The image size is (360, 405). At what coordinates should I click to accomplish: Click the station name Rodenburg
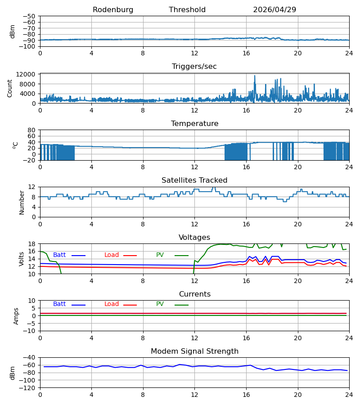click(x=113, y=10)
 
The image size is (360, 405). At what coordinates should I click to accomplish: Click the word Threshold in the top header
click(x=187, y=10)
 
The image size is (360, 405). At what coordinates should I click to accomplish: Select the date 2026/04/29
click(x=274, y=10)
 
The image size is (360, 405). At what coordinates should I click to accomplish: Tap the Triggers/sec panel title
click(x=194, y=67)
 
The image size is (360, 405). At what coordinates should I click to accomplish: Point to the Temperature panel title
click(x=194, y=123)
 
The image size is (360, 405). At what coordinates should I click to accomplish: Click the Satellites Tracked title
click(x=194, y=180)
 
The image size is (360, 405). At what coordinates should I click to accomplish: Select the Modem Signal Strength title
click(x=194, y=351)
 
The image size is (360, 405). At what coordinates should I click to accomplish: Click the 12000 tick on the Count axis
click(x=26, y=74)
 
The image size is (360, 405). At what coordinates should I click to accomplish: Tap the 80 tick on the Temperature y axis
click(x=31, y=130)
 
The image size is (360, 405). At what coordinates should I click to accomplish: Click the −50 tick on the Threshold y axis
click(x=29, y=16)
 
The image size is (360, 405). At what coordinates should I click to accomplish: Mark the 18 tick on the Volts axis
click(x=31, y=244)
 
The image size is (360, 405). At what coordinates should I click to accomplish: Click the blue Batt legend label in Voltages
click(x=59, y=255)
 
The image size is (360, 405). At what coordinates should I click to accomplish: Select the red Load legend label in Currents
click(x=112, y=304)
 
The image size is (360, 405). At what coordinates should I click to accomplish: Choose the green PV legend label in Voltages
click(x=160, y=255)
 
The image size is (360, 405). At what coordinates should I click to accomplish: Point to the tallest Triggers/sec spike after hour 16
click(x=255, y=76)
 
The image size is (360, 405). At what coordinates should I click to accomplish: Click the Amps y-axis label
click(x=16, y=316)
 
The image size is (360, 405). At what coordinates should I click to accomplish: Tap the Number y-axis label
click(x=22, y=202)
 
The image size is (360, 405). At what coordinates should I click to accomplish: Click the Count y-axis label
click(x=10, y=89)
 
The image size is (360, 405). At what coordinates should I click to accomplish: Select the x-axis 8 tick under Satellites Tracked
click(x=143, y=224)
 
